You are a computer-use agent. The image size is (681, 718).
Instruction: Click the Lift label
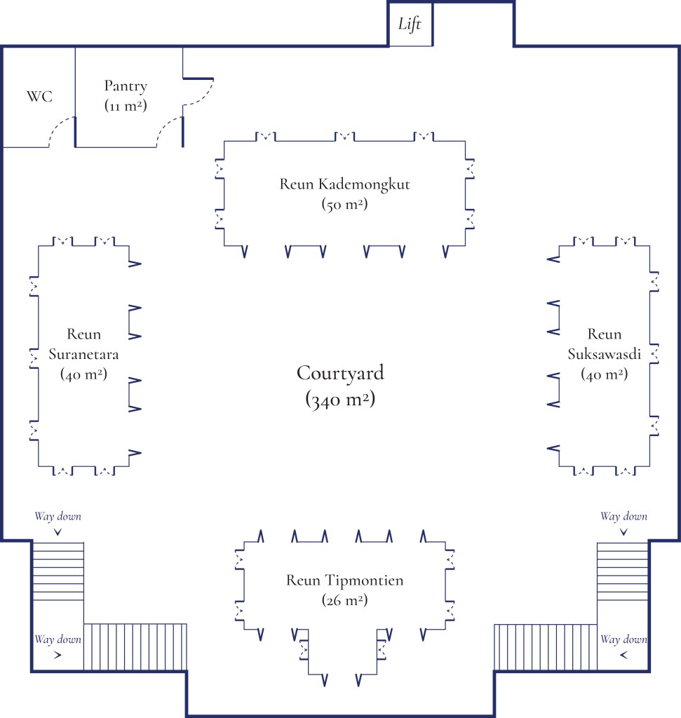click(410, 25)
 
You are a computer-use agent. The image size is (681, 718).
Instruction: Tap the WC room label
click(39, 97)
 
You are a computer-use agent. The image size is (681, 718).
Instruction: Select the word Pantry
click(126, 86)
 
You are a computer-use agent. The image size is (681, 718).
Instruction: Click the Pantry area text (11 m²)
click(126, 106)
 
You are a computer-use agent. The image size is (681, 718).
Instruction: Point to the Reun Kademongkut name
click(344, 185)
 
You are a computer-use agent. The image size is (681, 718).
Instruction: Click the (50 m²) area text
click(345, 205)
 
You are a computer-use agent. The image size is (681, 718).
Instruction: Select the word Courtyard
click(340, 373)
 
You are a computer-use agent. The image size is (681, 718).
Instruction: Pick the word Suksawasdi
click(605, 354)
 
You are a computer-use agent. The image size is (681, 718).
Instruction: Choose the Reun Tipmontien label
click(344, 581)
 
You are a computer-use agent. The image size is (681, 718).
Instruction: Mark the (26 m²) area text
click(345, 601)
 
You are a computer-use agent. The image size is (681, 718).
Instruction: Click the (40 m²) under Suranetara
click(83, 374)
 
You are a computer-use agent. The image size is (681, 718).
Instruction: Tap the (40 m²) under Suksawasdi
click(604, 374)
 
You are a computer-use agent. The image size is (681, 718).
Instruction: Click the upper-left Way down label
click(58, 517)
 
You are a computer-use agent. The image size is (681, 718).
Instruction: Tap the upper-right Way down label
click(623, 517)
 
